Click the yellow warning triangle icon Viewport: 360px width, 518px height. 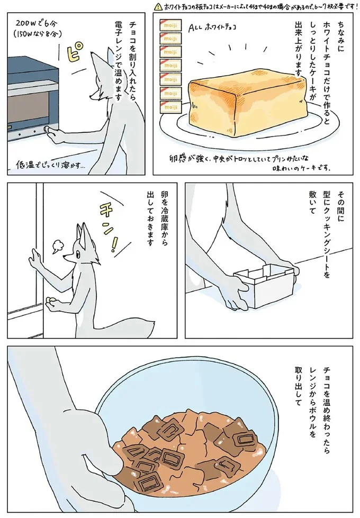[x=158, y=7]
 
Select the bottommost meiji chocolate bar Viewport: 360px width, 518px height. [x=169, y=108]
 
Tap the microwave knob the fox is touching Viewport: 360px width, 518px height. [x=48, y=129]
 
